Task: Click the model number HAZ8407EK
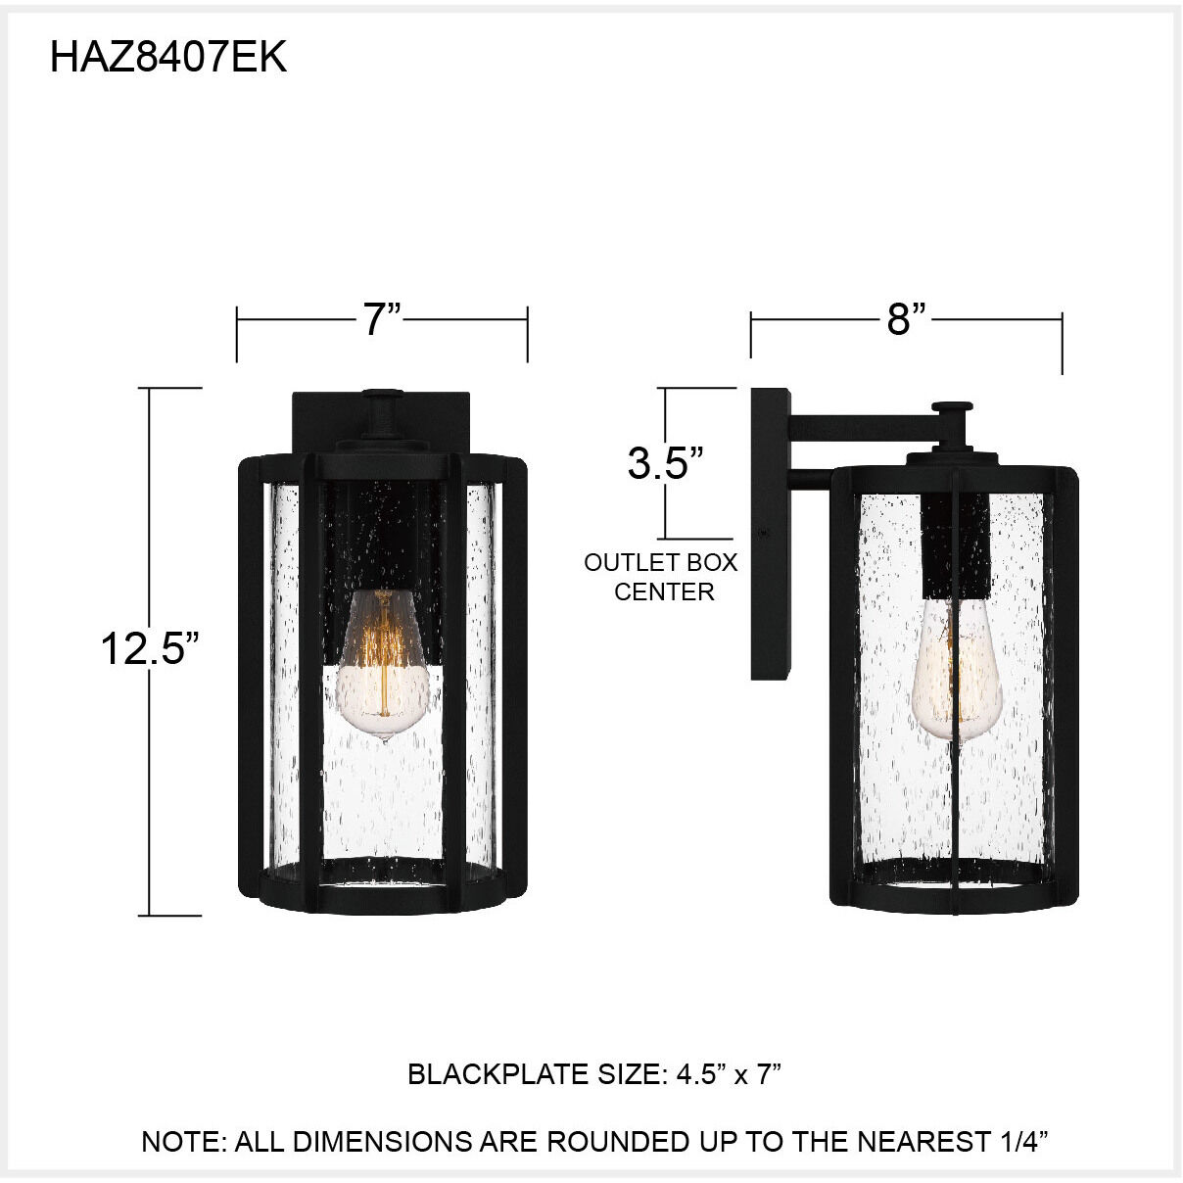point(167,58)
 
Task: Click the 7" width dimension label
point(382,320)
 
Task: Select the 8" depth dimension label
point(906,319)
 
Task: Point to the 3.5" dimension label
point(666,463)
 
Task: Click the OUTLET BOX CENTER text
point(661,577)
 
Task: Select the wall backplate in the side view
point(770,534)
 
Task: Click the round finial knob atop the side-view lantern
point(952,407)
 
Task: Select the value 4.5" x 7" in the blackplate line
point(729,1074)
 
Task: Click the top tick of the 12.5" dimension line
point(174,389)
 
